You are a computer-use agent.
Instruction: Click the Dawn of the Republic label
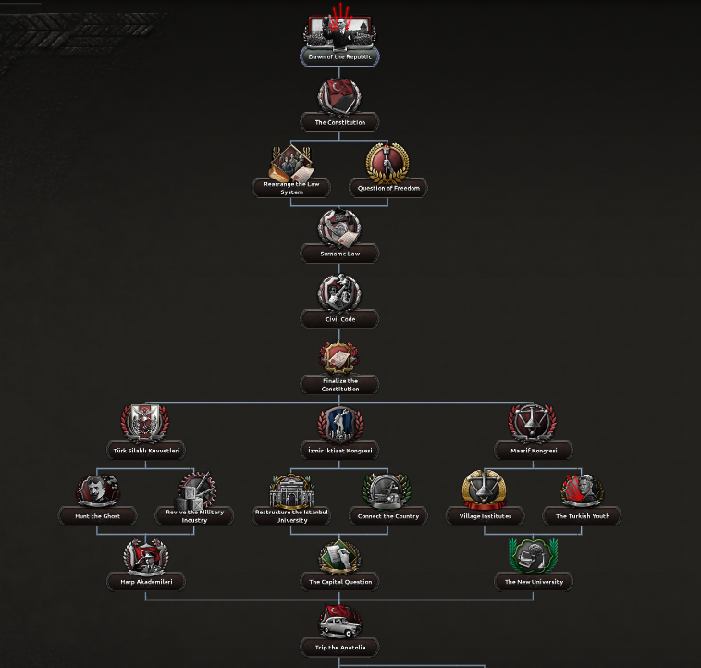[339, 56]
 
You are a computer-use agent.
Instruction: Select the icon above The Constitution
[339, 95]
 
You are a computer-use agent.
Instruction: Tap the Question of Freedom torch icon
[387, 163]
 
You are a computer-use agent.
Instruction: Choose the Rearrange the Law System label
[291, 188]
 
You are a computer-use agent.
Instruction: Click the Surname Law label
[339, 254]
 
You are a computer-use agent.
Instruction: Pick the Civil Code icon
[339, 293]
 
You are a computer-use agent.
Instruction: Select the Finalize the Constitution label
[339, 385]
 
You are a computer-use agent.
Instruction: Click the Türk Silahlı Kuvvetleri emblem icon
[145, 423]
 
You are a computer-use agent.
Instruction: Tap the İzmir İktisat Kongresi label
[339, 451]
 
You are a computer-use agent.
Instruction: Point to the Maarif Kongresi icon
[533, 423]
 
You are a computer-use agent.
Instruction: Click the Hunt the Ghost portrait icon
[97, 490]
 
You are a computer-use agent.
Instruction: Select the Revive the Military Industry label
[194, 516]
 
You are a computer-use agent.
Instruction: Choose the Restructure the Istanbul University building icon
[291, 491]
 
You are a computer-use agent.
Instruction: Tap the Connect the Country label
[388, 516]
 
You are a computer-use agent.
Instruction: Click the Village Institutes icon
[485, 489]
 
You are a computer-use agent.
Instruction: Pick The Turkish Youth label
[582, 516]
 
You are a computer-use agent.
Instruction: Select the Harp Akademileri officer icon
[146, 556]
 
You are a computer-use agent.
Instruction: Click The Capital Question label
[339, 582]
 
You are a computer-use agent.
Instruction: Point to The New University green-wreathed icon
[533, 555]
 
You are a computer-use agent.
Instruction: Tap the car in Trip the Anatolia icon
[340, 626]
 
